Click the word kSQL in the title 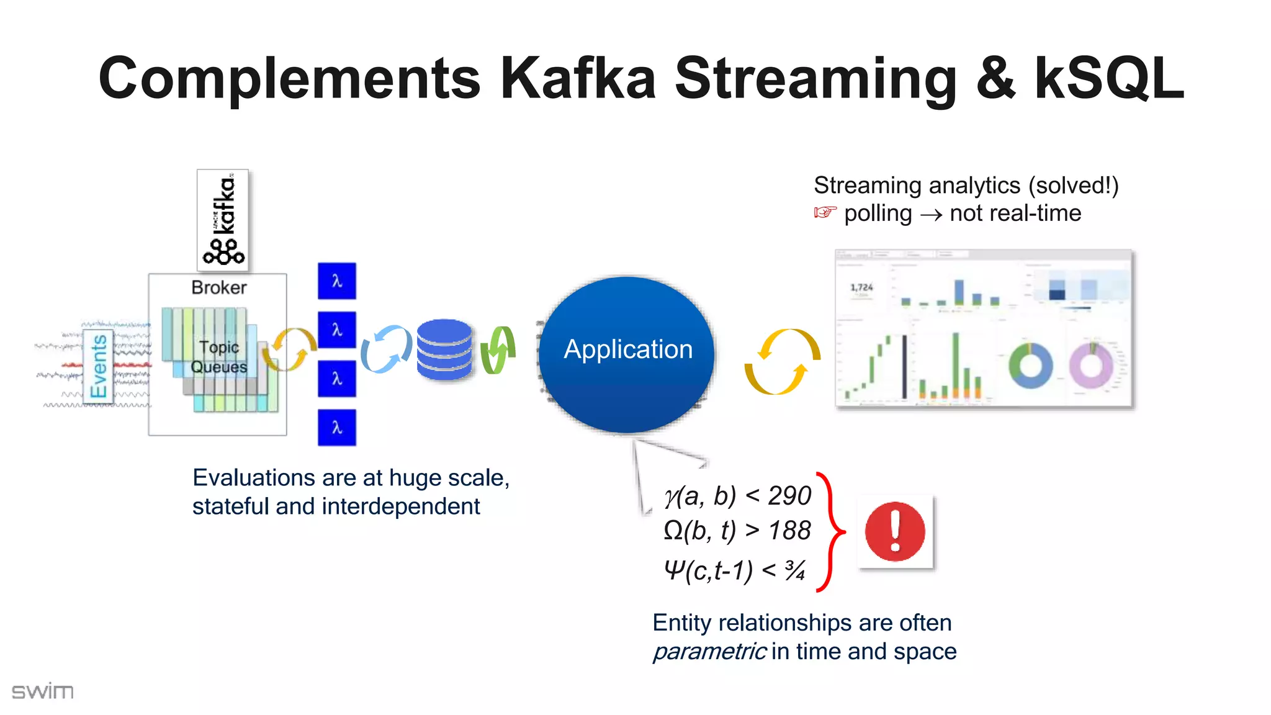(x=1108, y=79)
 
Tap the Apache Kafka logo (x=223, y=220)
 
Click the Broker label (x=218, y=287)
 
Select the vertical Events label (x=99, y=366)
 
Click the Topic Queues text (x=219, y=357)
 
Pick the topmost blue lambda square (x=337, y=281)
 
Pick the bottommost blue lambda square (x=337, y=427)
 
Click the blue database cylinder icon (x=444, y=349)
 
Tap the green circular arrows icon (x=498, y=350)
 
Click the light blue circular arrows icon (x=386, y=349)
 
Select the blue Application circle (x=627, y=354)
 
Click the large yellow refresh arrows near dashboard (x=782, y=362)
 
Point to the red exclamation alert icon (x=895, y=532)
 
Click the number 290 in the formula (x=789, y=495)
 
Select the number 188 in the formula (x=789, y=531)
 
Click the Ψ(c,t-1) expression (x=707, y=570)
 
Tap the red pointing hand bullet (x=825, y=213)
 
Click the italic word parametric (x=709, y=652)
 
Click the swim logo (x=42, y=691)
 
